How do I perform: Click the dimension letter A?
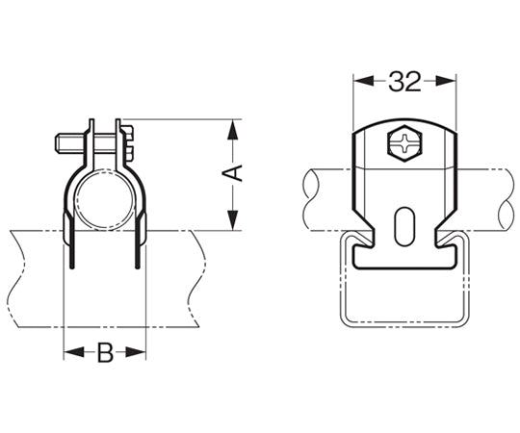[231, 174]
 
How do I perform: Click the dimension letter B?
[105, 353]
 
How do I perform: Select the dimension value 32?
[405, 82]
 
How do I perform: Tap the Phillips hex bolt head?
[404, 146]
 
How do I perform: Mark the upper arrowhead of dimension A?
[231, 127]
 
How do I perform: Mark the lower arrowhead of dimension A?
[231, 222]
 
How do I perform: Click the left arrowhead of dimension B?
[70, 353]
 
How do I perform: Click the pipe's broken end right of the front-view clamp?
[504, 198]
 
